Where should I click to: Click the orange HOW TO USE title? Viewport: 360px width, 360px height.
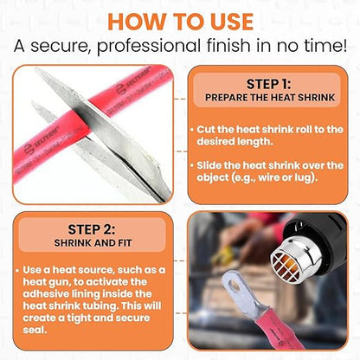click(180, 22)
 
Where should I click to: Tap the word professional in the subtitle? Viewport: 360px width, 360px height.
click(148, 46)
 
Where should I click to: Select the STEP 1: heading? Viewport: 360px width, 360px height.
click(268, 84)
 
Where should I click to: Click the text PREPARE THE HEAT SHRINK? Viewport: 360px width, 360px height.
click(270, 98)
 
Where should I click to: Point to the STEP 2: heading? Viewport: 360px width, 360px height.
click(92, 229)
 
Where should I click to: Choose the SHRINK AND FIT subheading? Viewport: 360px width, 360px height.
click(93, 243)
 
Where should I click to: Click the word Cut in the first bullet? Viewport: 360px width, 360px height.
click(206, 129)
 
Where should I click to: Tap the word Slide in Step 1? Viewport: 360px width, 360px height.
click(209, 165)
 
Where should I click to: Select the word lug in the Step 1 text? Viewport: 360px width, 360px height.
click(304, 177)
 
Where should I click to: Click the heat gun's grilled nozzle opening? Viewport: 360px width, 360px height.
click(286, 267)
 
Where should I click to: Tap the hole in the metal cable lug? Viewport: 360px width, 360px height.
click(235, 286)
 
